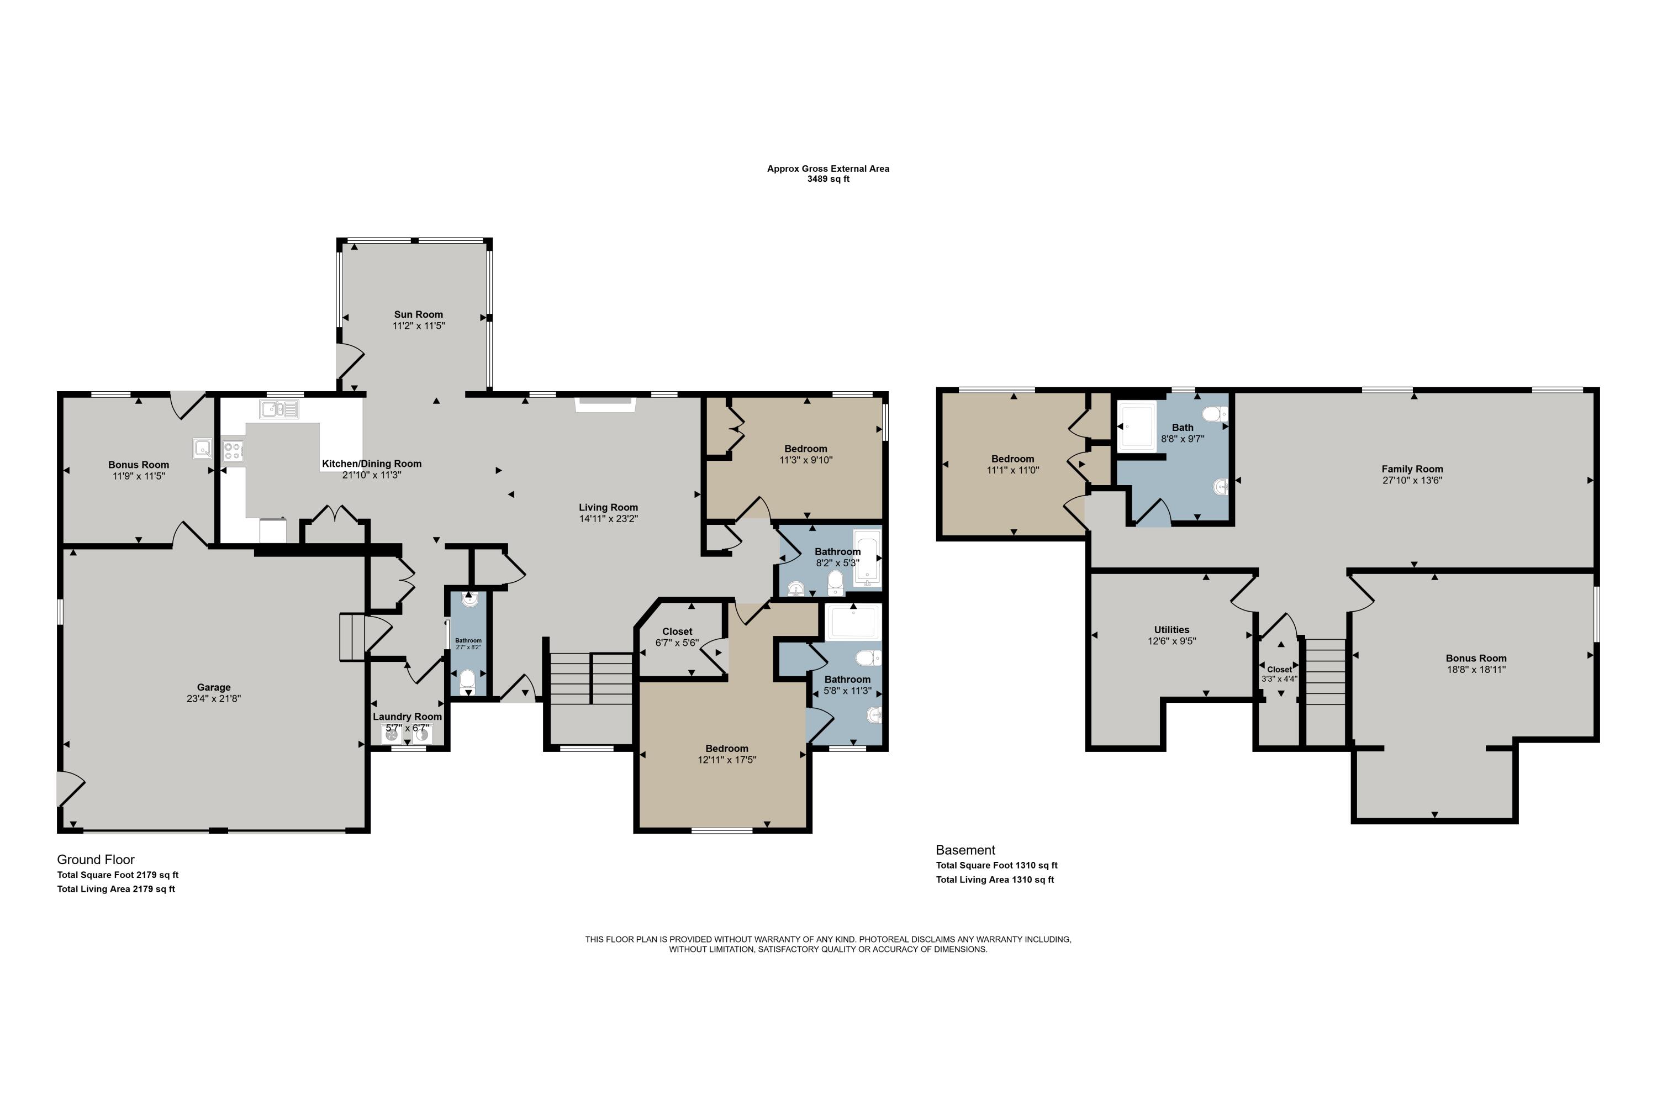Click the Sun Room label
(419, 314)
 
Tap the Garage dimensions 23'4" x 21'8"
(214, 698)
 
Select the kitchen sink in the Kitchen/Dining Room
(279, 409)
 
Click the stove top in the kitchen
(233, 450)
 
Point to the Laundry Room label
(407, 717)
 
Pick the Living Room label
(609, 507)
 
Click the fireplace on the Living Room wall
(606, 404)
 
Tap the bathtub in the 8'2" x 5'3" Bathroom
(867, 559)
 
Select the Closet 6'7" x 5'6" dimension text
(677, 643)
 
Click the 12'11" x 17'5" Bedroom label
(727, 749)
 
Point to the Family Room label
(1412, 469)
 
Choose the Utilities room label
(1171, 630)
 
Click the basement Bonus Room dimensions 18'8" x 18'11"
(1476, 670)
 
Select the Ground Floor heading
(96, 860)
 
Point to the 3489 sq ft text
(828, 179)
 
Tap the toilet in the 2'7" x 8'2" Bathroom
(468, 681)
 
